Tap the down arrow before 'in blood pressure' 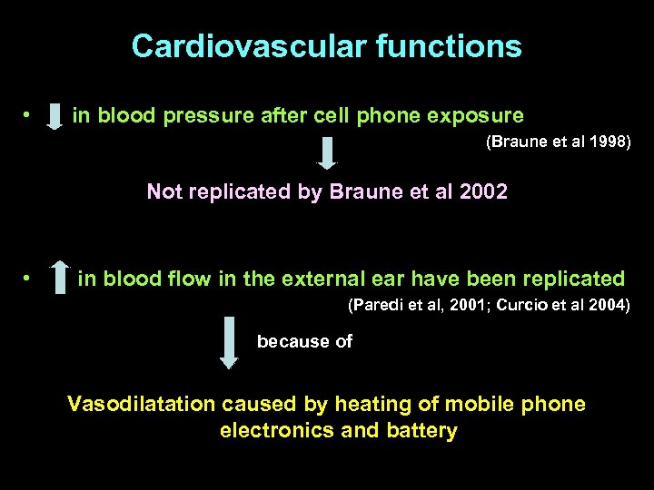54,116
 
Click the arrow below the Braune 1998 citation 327,152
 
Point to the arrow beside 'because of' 229,342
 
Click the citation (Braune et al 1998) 559,142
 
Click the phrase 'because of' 304,341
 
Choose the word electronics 277,430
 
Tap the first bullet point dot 28,116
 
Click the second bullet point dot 28,279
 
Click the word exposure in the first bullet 478,116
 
